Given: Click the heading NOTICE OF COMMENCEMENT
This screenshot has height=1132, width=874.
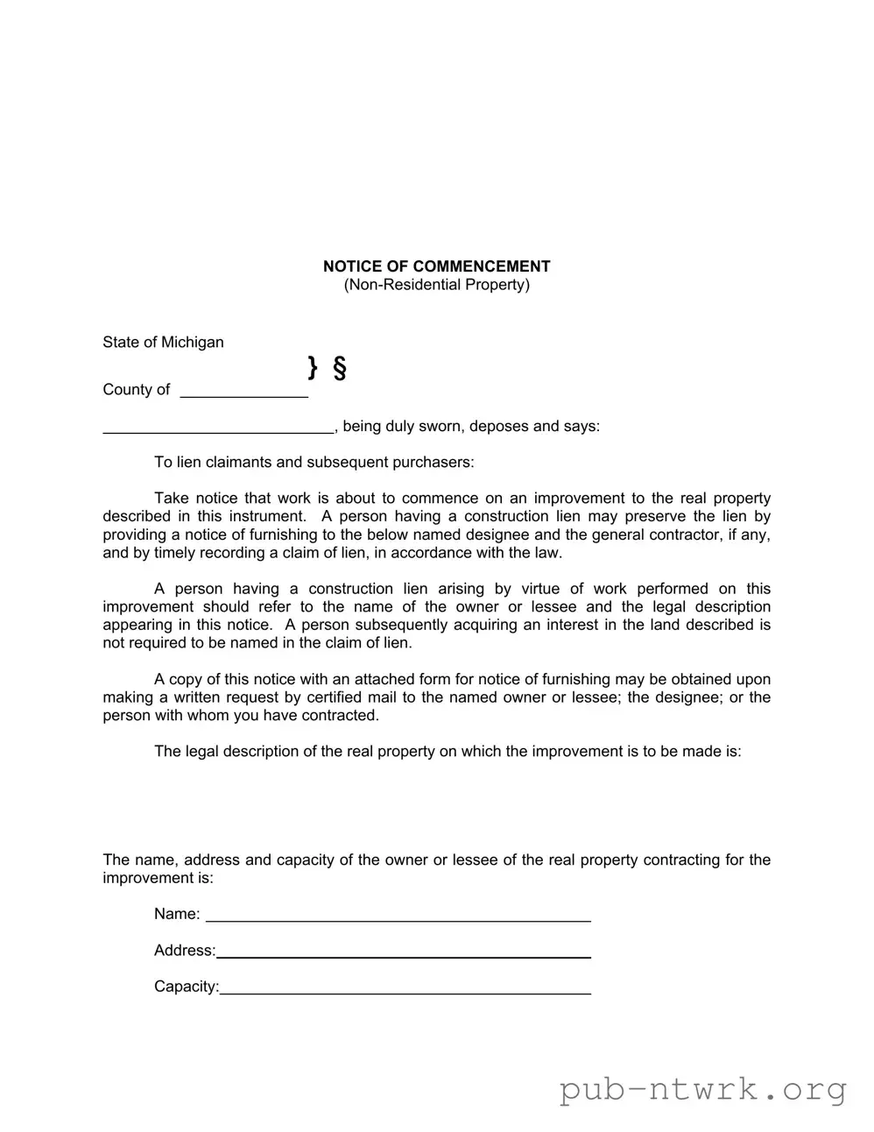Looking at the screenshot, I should pyautogui.click(x=436, y=266).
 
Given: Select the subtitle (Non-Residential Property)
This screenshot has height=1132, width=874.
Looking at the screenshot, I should pyautogui.click(x=436, y=285).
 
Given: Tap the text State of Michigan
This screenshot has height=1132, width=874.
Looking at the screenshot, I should pyautogui.click(x=163, y=342).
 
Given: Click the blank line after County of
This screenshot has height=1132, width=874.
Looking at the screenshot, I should pyautogui.click(x=243, y=391).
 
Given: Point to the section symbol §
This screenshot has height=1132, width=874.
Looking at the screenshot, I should pyautogui.click(x=340, y=368).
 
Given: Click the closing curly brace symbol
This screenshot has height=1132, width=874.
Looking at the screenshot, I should pyautogui.click(x=313, y=367).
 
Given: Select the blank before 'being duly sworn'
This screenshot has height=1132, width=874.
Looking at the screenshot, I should pyautogui.click(x=218, y=427).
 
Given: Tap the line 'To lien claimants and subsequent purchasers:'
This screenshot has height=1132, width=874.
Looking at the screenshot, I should pyautogui.click(x=314, y=463).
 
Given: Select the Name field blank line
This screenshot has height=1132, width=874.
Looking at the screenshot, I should pyautogui.click(x=398, y=915).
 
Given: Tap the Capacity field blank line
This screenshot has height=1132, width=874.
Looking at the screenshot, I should pyautogui.click(x=405, y=987).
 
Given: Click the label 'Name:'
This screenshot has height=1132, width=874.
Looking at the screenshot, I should pyautogui.click(x=177, y=914).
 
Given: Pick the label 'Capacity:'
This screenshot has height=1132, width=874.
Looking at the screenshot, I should pyautogui.click(x=187, y=987).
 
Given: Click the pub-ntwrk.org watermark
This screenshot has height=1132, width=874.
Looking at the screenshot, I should pyautogui.click(x=703, y=1089).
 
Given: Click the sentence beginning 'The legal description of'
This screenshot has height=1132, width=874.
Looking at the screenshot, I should pyautogui.click(x=448, y=752).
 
